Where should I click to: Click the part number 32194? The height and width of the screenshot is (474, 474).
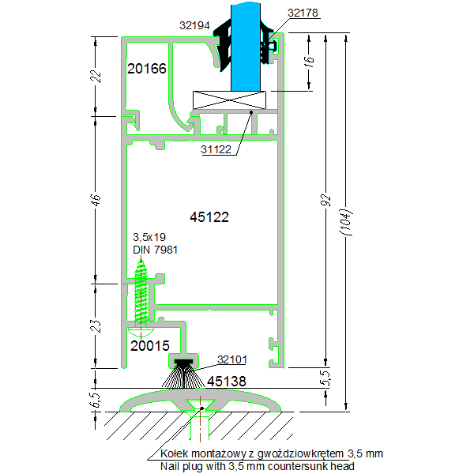(194, 25)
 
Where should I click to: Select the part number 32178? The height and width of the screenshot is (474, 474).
(304, 13)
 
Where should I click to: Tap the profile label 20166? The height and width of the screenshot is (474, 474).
(147, 69)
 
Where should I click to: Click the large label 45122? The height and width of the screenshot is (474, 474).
(209, 216)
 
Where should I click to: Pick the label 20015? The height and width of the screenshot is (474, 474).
(150, 345)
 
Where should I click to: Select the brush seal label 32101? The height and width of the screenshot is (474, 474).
(233, 360)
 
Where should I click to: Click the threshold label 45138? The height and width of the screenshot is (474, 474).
(227, 382)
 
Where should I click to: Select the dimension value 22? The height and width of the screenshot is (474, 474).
(96, 76)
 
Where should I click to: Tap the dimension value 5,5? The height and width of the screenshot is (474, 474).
(324, 378)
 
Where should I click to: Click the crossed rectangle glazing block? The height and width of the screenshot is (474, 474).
(231, 100)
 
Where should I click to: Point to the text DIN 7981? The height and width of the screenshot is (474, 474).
(155, 250)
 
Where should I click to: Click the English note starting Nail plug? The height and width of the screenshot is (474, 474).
(257, 466)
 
